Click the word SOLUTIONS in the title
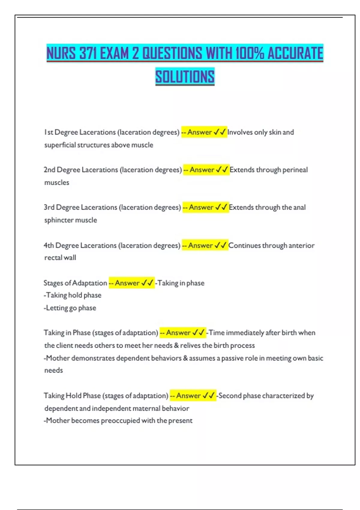[185, 76]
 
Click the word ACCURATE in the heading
[295, 53]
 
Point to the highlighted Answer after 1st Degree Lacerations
[199, 132]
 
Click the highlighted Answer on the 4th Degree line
[200, 245]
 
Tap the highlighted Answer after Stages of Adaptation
[127, 283]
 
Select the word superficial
[60, 145]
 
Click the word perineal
[295, 170]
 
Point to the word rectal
[52, 258]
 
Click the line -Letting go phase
[70, 308]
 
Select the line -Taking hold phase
[73, 295]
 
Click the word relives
[190, 345]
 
